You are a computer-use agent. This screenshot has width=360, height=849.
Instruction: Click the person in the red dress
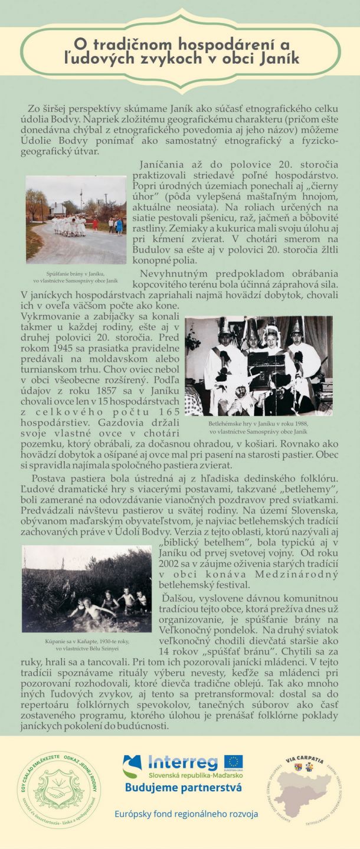tap(96, 224)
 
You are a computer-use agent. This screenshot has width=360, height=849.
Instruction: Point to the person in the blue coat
tap(119, 226)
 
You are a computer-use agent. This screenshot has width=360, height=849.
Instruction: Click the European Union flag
tap(234, 762)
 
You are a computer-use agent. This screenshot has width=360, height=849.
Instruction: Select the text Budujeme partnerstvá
tap(184, 788)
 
